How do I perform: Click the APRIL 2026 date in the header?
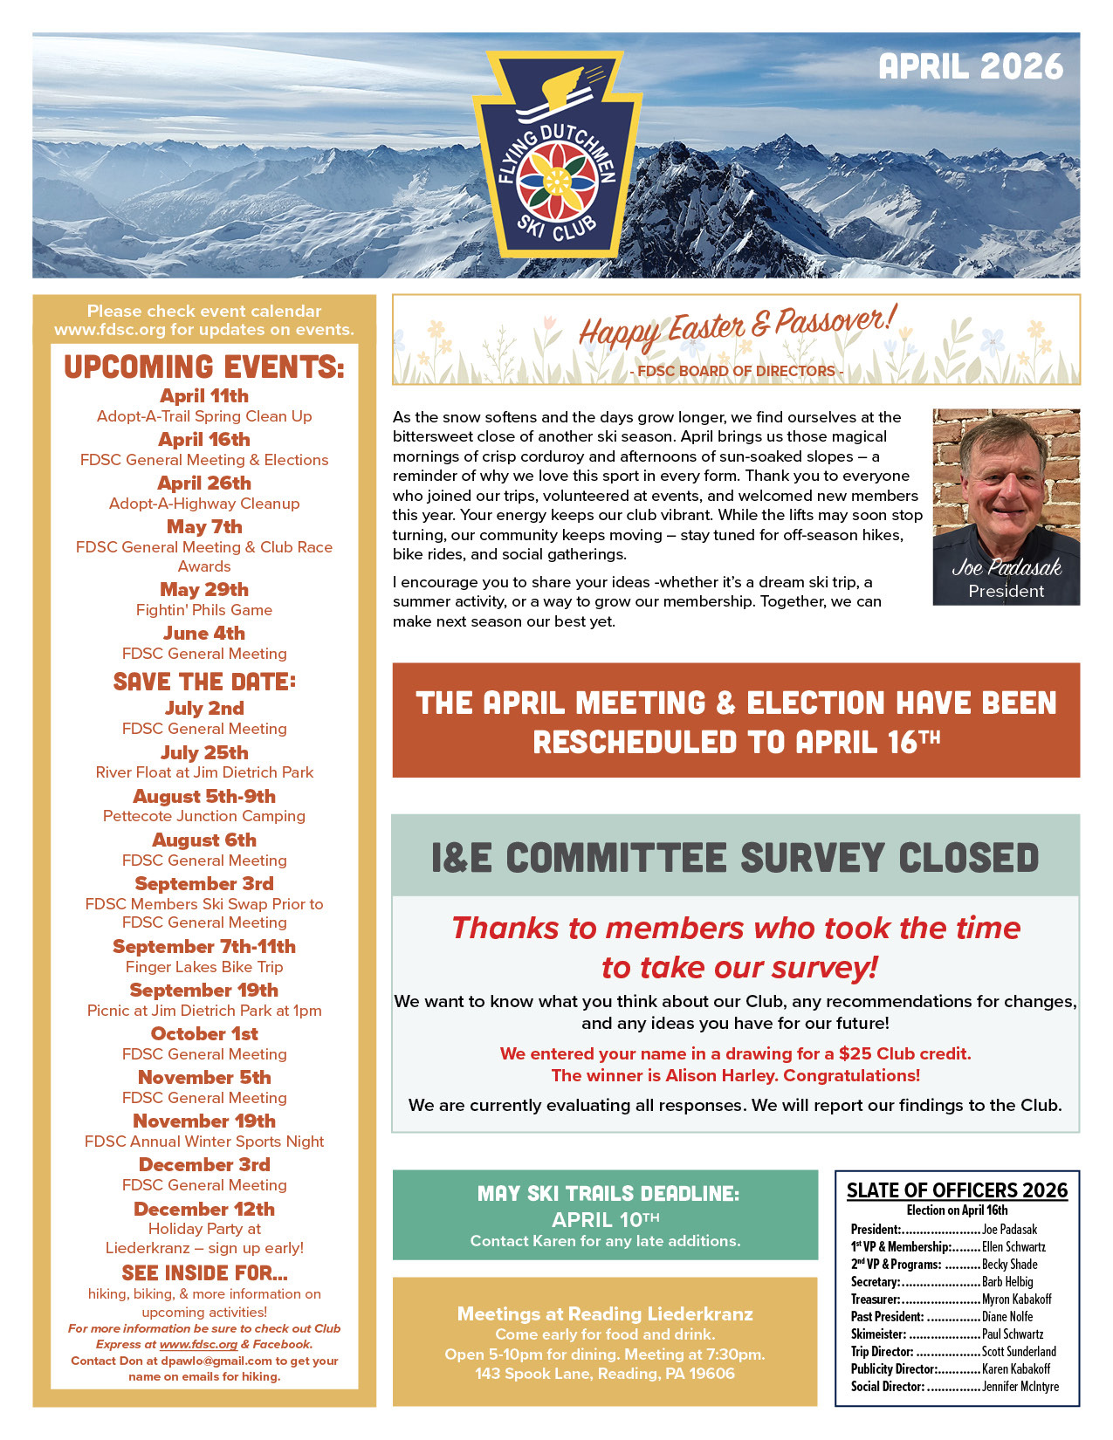[x=971, y=67]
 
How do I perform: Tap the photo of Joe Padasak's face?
[x=1004, y=480]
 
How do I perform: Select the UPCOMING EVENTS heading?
[x=204, y=367]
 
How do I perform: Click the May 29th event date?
[x=204, y=590]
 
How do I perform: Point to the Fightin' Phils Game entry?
[x=204, y=610]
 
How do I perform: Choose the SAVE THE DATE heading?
[x=204, y=682]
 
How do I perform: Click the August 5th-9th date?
[x=204, y=797]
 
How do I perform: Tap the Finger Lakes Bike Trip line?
[x=204, y=967]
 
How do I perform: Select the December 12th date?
[x=204, y=1210]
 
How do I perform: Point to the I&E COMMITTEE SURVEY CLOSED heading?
[x=735, y=858]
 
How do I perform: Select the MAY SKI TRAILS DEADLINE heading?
[x=608, y=1194]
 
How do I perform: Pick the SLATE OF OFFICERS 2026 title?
[x=957, y=1190]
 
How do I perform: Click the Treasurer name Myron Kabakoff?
[x=1017, y=1299]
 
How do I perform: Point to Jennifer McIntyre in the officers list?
[x=1020, y=1387]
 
